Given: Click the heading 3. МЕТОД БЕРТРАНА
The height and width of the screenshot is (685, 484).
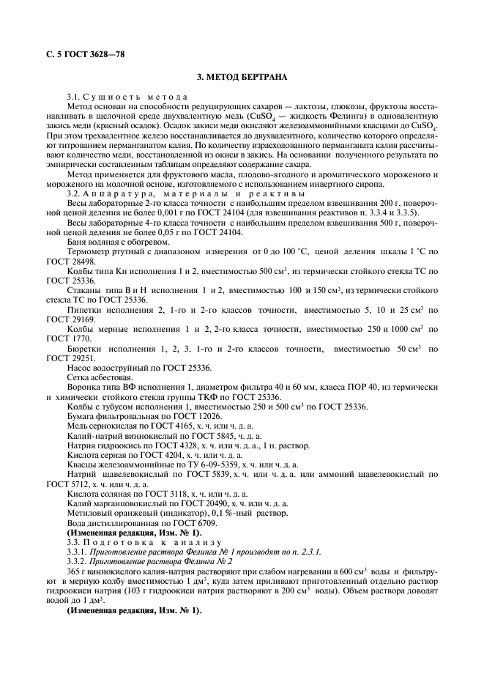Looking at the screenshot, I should click(x=242, y=77).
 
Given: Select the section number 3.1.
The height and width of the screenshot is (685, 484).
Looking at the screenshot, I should click(x=74, y=97).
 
